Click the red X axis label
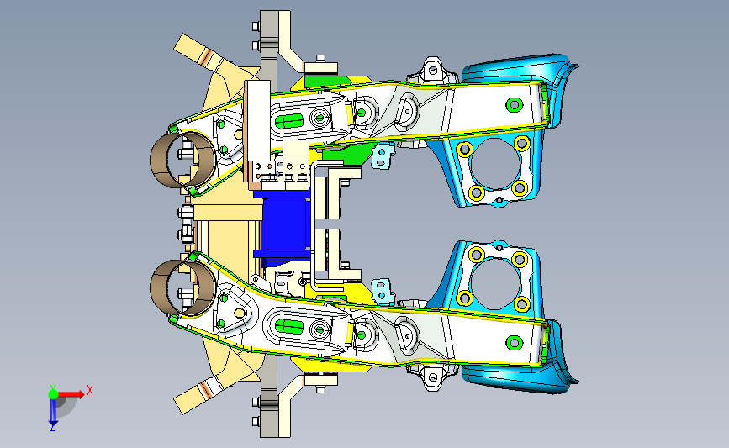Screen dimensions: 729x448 pos(90,390)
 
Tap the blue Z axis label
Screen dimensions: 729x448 pos(52,428)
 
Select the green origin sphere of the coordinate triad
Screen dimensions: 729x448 pos(53,394)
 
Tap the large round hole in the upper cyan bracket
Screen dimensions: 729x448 pos(494,165)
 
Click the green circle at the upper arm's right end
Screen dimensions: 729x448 pos(515,104)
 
